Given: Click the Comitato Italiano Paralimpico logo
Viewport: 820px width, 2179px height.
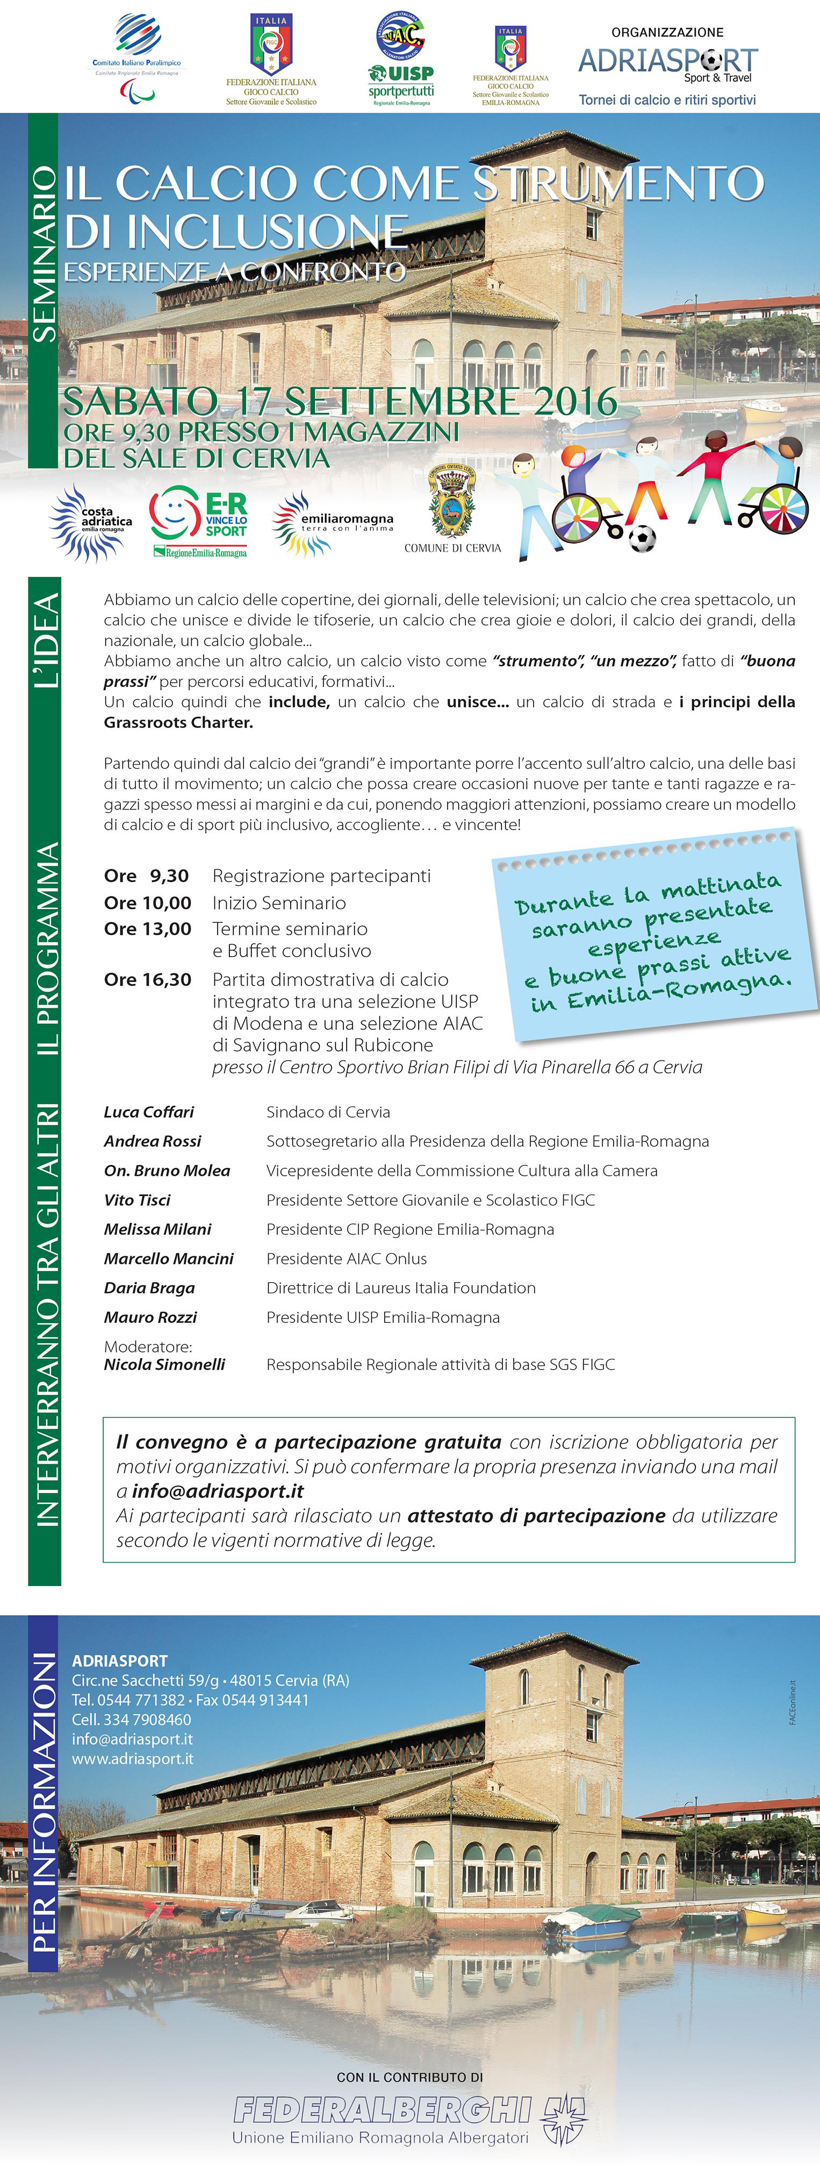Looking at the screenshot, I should click(136, 57).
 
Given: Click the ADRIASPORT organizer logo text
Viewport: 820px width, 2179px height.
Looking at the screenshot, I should click(668, 62).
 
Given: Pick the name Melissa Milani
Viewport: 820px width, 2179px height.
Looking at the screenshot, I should click(157, 1229).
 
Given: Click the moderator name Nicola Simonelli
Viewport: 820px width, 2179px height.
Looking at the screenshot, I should click(164, 1364).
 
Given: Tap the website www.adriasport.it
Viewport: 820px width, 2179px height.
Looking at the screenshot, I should click(132, 1758).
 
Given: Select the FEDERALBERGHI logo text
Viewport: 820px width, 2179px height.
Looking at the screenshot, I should click(383, 2110).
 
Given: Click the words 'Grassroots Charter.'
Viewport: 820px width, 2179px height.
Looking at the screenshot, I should click(178, 722).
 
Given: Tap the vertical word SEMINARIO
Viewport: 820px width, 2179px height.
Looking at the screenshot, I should click(44, 254).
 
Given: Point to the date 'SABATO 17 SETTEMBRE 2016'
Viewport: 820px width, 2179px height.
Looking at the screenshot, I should click(340, 401).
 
